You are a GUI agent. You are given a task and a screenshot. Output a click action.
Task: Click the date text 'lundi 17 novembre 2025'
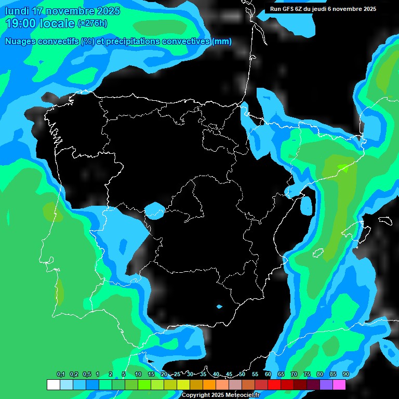tap(62, 11)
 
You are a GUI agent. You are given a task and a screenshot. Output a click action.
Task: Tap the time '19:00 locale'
tap(39, 23)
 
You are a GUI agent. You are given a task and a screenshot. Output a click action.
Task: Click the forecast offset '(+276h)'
tap(92, 23)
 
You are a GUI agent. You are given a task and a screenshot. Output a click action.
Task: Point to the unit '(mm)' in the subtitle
tap(222, 42)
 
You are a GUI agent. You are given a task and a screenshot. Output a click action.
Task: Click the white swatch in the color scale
tap(53, 385)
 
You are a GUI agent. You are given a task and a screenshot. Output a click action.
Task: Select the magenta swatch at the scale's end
tap(339, 385)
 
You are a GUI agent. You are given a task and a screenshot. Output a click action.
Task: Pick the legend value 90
tap(345, 375)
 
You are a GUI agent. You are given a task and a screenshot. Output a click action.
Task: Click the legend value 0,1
tap(60, 375)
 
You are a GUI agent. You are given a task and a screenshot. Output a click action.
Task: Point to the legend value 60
tap(268, 375)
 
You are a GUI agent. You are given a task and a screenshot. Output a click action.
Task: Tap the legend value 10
tap(138, 375)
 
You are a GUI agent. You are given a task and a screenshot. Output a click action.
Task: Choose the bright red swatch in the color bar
tap(274, 385)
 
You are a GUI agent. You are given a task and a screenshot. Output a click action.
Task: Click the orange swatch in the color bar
tap(209, 385)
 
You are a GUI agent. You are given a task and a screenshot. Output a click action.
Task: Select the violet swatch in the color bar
tap(326, 385)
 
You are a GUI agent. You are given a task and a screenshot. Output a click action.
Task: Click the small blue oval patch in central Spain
tap(154, 210)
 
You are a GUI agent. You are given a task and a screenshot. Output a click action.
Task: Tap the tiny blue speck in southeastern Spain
tap(219, 307)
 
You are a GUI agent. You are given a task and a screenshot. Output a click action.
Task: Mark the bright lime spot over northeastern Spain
tap(343, 167)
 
